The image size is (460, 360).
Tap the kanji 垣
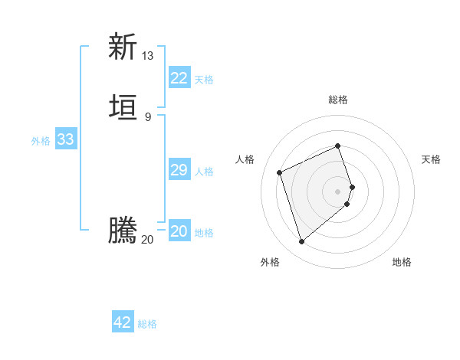tap(123, 106)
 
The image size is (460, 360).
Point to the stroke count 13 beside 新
tap(148, 56)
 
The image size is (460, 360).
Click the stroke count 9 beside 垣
tap(148, 116)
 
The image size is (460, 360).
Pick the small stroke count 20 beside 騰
tap(148, 240)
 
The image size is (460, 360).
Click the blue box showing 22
tap(179, 78)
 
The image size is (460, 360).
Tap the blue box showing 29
tap(179, 170)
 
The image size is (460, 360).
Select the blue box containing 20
tap(179, 231)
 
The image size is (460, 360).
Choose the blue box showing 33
tap(65, 139)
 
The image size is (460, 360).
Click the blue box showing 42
tap(123, 322)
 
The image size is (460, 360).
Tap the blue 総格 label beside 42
tap(147, 324)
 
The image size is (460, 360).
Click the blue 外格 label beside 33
tap(41, 141)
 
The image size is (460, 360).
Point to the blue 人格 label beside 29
tap(205, 172)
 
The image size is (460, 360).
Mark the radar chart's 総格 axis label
tap(338, 100)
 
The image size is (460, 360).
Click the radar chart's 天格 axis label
tap(432, 159)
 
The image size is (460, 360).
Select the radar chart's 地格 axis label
tap(402, 263)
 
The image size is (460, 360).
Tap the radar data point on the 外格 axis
tap(301, 242)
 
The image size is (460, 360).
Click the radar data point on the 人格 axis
tap(280, 172)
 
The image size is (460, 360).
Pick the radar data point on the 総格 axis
tap(338, 146)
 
